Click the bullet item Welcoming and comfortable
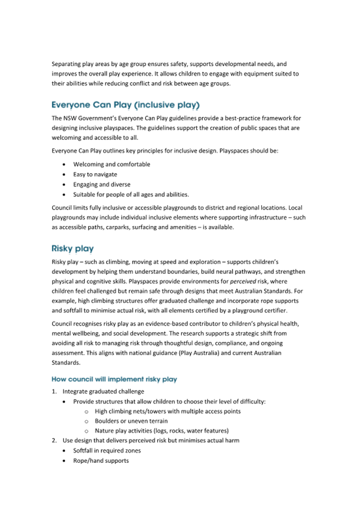pos(111,165)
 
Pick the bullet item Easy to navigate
pos(95,174)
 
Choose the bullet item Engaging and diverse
pos(101,184)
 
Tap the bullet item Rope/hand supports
pos(101,461)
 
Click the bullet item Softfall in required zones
pos(107,451)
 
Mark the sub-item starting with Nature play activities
pos(162,431)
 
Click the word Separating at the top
pos(66,64)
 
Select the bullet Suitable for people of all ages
pos(131,195)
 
